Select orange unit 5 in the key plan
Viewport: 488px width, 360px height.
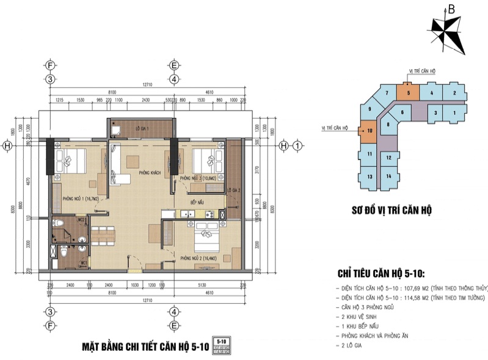pos(408,93)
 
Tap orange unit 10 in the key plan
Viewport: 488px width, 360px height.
pos(370,130)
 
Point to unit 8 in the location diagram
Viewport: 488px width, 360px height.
pos(388,125)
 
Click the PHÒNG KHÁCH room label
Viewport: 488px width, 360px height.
pos(150,173)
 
